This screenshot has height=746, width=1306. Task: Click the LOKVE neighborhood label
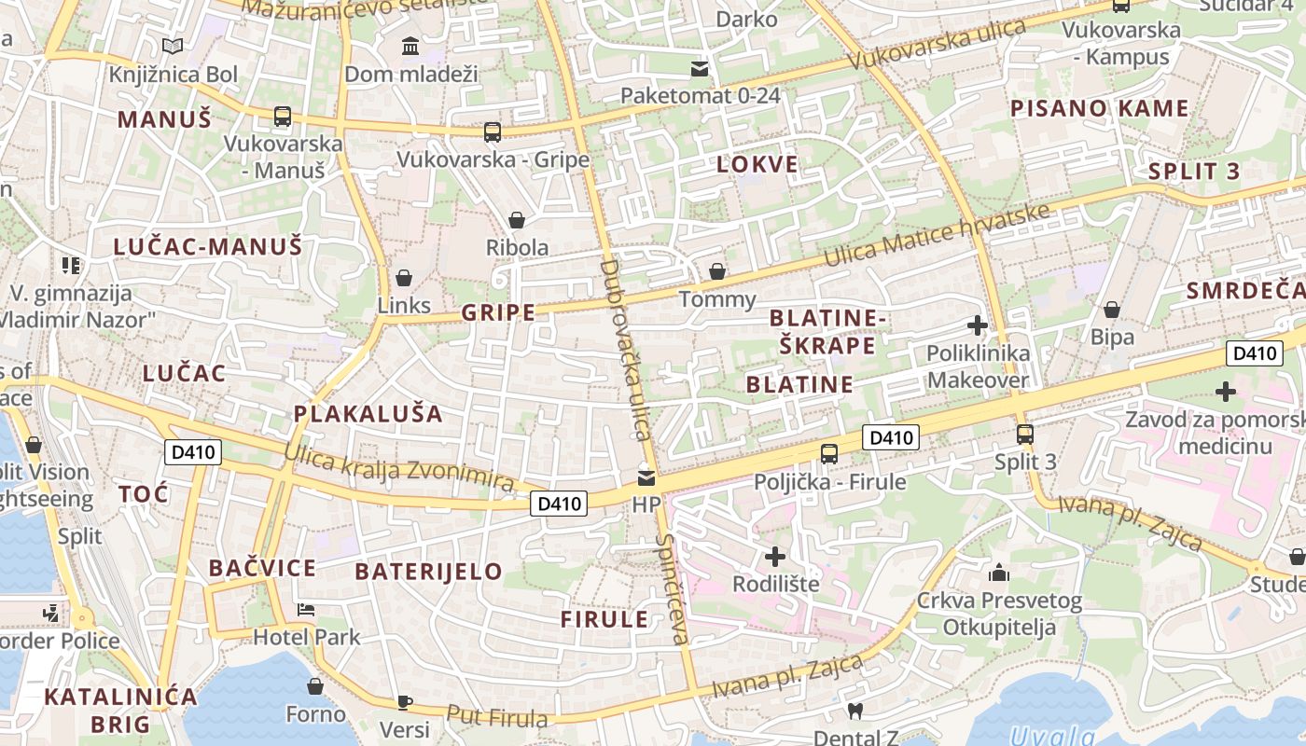click(757, 165)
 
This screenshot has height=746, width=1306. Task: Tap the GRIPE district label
click(498, 312)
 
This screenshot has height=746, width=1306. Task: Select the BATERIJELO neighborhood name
click(429, 571)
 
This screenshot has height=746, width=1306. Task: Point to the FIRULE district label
click(604, 619)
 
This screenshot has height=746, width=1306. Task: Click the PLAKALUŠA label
click(368, 413)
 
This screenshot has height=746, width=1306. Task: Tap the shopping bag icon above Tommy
click(717, 271)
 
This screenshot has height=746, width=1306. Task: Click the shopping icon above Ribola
click(516, 220)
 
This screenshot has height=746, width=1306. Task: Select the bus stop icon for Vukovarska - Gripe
click(493, 132)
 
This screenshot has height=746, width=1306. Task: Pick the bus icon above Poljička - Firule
click(828, 454)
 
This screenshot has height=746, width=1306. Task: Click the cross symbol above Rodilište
click(774, 557)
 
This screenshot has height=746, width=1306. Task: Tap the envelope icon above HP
click(646, 478)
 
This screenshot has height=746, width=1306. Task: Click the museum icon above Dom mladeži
click(410, 46)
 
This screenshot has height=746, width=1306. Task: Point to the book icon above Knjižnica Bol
click(172, 46)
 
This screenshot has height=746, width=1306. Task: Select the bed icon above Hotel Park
click(306, 610)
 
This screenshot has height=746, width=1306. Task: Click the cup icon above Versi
click(404, 701)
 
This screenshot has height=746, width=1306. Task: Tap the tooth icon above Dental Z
click(854, 711)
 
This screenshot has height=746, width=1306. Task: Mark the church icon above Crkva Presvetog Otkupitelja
click(998, 573)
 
